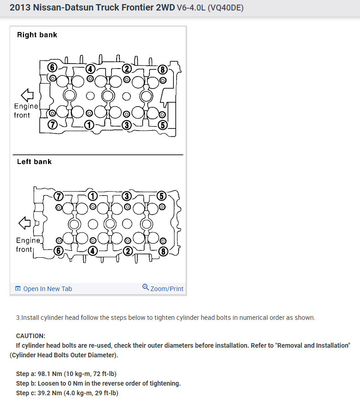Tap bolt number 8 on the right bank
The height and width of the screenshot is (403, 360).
pyautogui.click(x=162, y=69)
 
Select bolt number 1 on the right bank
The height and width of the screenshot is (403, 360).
pyautogui.click(x=89, y=125)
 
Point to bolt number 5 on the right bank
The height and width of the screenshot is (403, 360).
pyautogui.click(x=163, y=125)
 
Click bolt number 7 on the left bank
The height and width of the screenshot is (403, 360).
pyautogui.click(x=58, y=196)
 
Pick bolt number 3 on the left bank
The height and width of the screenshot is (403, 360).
pyautogui.click(x=127, y=196)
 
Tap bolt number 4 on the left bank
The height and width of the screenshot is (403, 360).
pyautogui.click(x=92, y=250)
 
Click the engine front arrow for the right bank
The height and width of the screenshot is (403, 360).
pyautogui.click(x=28, y=95)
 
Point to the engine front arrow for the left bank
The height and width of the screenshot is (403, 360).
pyautogui.click(x=24, y=223)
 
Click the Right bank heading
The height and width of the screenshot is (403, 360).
pyautogui.click(x=37, y=35)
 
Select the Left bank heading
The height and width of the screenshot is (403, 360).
pyautogui.click(x=34, y=161)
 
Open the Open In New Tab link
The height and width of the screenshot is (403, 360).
pyautogui.click(x=48, y=289)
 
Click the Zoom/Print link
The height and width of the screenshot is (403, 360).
pyautogui.click(x=167, y=289)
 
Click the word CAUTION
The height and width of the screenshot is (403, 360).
pyautogui.click(x=31, y=335)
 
